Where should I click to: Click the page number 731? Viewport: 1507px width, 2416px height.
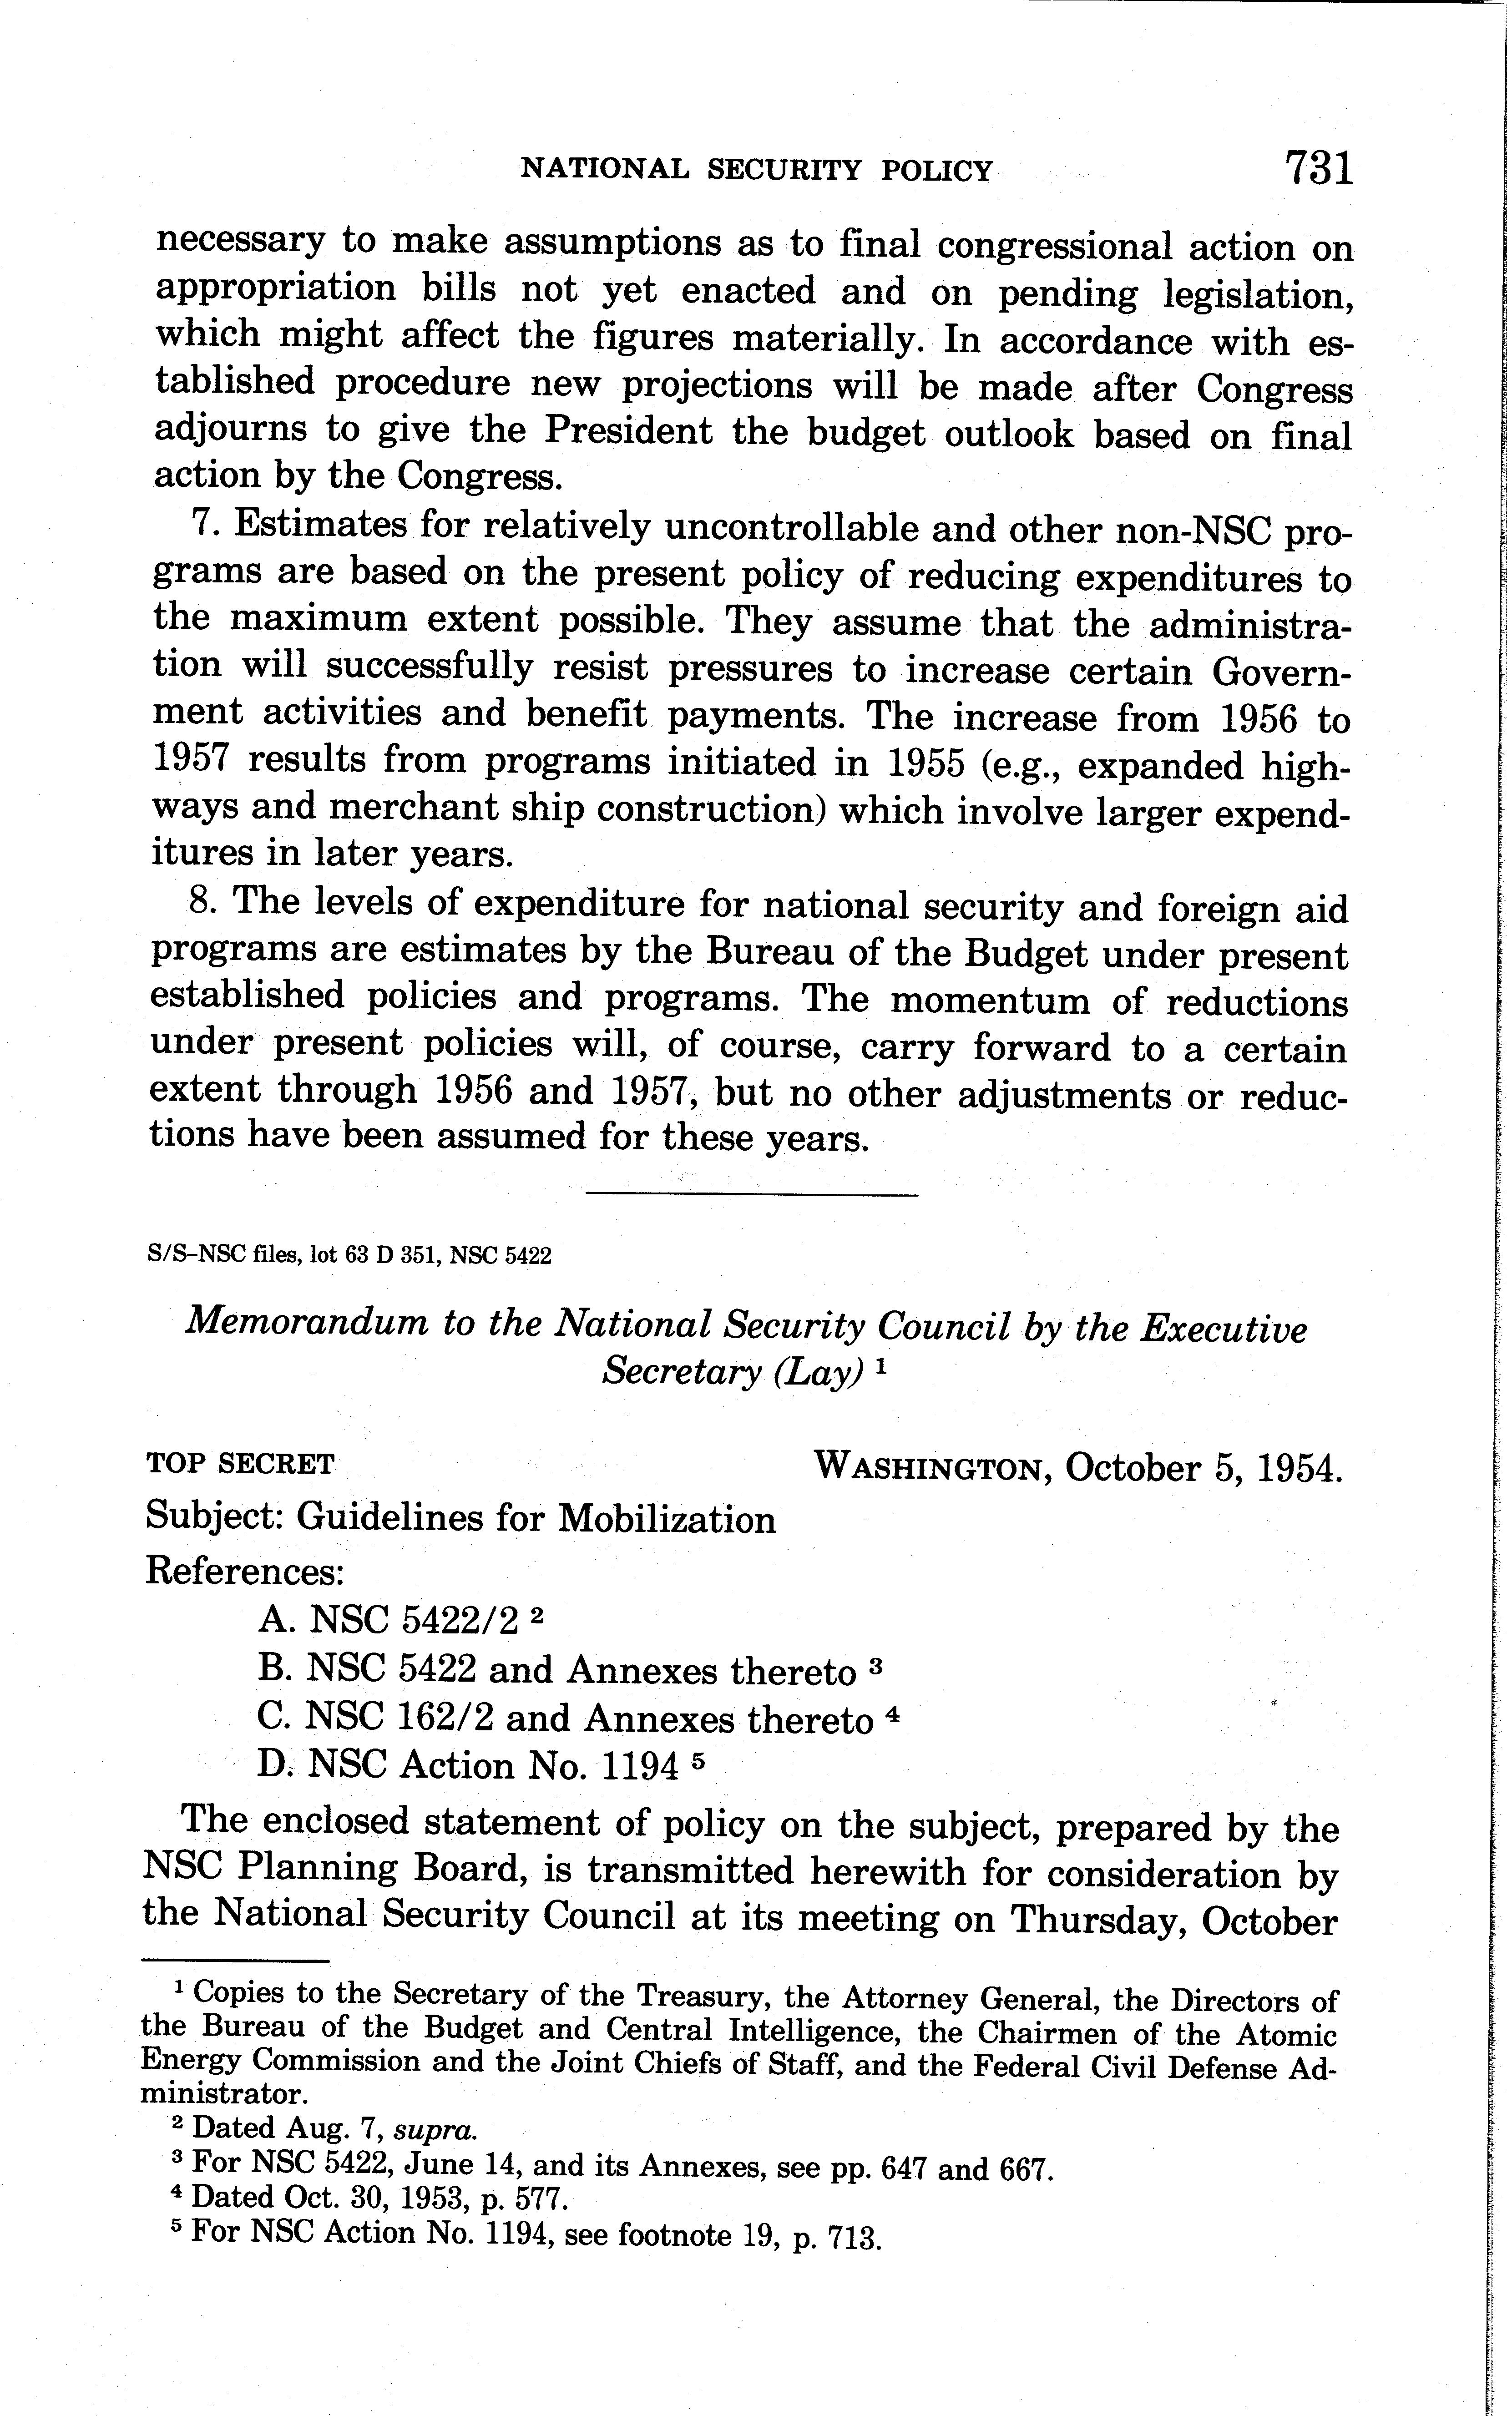[x=1319, y=167]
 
